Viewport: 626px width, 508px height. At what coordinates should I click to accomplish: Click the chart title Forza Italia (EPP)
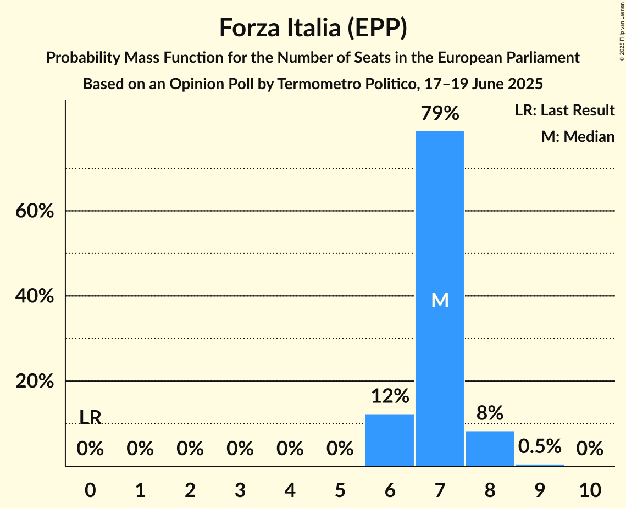coord(313,27)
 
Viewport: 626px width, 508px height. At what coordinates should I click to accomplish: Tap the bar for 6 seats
coord(389,440)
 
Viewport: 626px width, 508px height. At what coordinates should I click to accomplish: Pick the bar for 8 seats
coord(489,448)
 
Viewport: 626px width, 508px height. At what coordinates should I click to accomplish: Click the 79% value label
coord(439,113)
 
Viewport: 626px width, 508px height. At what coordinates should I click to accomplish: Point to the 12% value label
coord(389,396)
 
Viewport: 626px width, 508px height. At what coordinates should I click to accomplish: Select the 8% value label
coord(489,413)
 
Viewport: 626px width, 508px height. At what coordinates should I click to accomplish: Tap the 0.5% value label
coord(539,446)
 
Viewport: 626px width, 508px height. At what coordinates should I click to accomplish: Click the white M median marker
coord(440,300)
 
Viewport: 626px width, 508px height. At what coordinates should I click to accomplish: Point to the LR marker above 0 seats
coord(90,418)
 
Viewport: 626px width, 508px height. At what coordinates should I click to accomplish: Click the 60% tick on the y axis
coord(35,211)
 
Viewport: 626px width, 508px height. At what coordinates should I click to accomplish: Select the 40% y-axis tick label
coord(35,296)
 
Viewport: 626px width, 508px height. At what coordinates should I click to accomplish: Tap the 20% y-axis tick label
coord(35,382)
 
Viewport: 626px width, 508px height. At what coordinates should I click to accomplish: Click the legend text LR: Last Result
coord(564,111)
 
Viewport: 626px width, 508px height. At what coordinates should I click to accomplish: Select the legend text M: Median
coord(578,136)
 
